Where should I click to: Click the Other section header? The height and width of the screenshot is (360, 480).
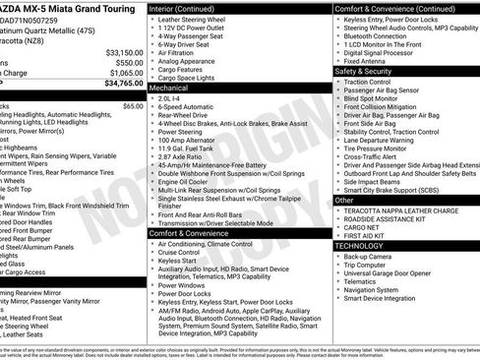(x=344, y=200)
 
